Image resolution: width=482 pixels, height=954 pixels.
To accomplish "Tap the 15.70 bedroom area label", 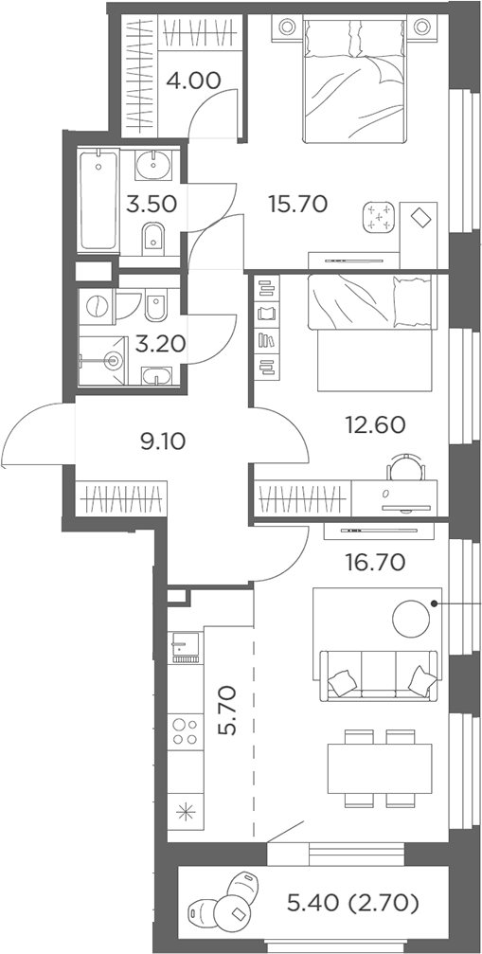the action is click(298, 204).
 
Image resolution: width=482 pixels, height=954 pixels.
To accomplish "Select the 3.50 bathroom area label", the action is click(152, 204).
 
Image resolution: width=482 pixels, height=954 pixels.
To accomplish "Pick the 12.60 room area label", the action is click(375, 424).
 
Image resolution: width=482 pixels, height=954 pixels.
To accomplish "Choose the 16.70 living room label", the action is click(375, 562).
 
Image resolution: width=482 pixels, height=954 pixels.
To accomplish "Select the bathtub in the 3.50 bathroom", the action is click(98, 202).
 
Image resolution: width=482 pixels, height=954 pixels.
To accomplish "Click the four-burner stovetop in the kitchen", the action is click(185, 732).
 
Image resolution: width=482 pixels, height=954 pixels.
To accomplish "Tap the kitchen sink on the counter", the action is click(185, 647).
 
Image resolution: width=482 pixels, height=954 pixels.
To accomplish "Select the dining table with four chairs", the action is click(380, 768).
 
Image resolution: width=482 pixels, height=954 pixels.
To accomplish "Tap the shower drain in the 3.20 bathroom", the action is click(112, 361).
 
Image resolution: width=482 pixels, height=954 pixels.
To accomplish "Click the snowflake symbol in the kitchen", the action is click(185, 813).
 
